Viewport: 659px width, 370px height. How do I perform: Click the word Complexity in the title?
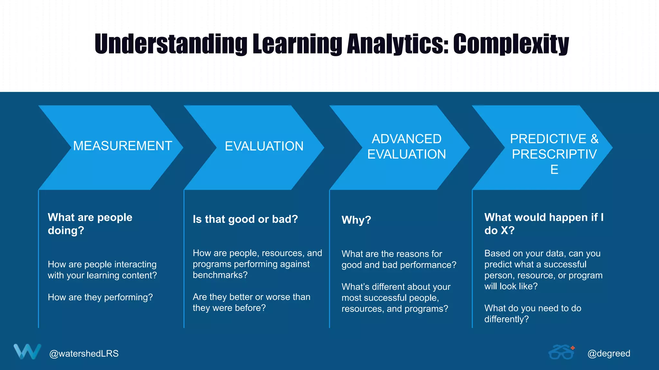[x=511, y=44]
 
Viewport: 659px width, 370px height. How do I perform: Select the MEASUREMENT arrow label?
[x=123, y=146]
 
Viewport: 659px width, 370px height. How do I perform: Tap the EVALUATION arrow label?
[x=264, y=146]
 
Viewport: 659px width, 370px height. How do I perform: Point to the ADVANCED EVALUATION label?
[x=406, y=147]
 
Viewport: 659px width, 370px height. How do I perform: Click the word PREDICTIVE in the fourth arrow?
[x=548, y=139]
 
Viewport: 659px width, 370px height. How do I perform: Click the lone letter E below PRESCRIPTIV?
[x=554, y=170]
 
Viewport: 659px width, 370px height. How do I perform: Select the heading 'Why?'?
[x=356, y=220]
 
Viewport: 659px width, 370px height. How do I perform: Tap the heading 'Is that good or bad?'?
[x=245, y=219]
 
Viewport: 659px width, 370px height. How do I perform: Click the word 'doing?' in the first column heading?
[x=66, y=231]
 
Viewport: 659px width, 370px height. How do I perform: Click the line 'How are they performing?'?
[x=100, y=297]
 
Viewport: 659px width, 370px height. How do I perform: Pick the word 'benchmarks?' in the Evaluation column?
[x=220, y=275]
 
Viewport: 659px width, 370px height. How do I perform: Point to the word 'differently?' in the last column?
[x=506, y=319]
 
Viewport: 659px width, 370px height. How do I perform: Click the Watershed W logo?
[x=27, y=351]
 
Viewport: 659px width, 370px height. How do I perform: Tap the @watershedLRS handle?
[x=84, y=354]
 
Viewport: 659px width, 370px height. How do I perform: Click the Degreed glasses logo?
[x=562, y=352]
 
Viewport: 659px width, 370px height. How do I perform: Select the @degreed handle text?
[x=608, y=354]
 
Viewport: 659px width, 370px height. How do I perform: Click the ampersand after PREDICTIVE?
[x=594, y=139]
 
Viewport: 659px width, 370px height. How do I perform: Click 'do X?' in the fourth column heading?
[x=499, y=231]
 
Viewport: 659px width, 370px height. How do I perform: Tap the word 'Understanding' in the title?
[x=171, y=44]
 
